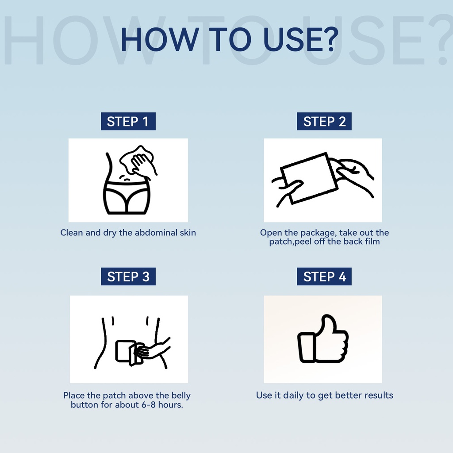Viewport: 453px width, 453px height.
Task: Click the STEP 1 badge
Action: point(128,121)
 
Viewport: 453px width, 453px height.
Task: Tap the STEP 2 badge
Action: point(324,121)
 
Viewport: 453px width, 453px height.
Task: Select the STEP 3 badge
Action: point(128,276)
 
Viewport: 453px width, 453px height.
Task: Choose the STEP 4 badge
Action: point(324,276)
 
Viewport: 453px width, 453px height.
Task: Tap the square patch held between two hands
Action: point(309,178)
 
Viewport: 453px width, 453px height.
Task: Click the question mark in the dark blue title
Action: point(329,39)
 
